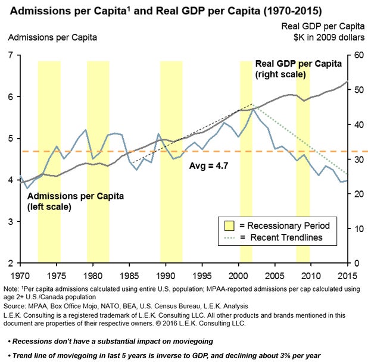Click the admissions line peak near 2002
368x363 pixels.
point(254,109)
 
